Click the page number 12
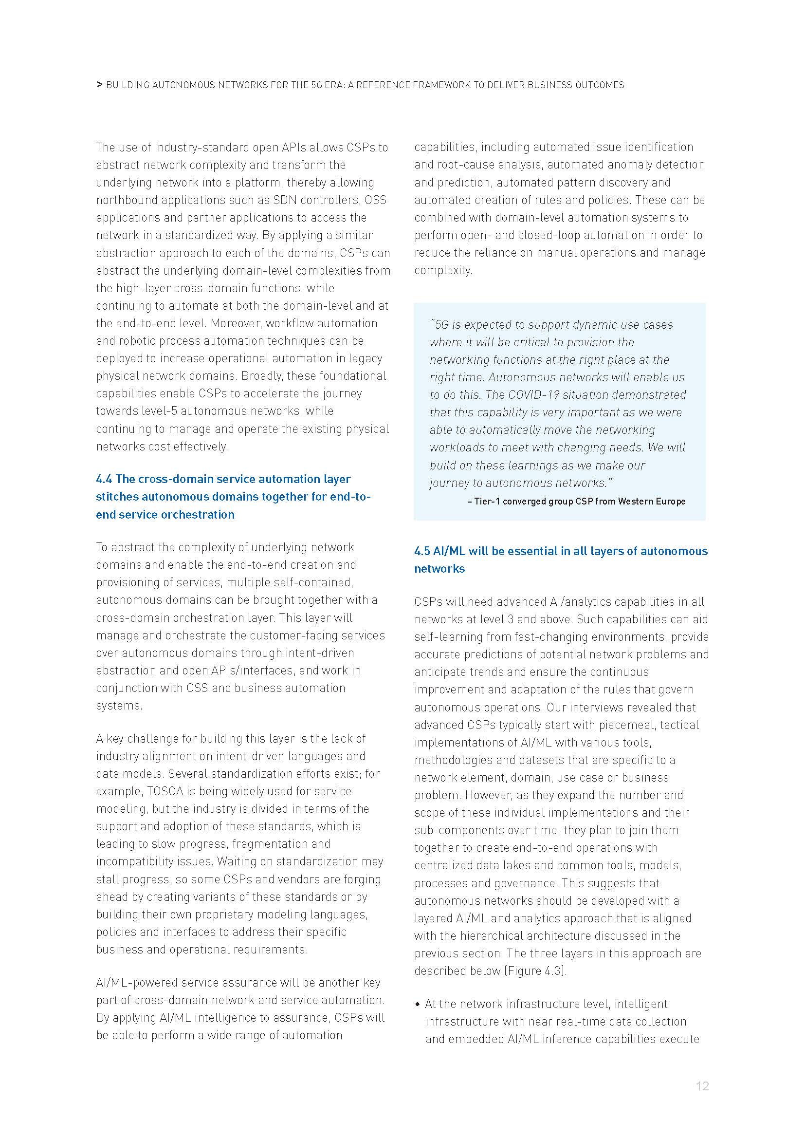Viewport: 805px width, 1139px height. [702, 1086]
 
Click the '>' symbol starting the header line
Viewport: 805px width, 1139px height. [99, 85]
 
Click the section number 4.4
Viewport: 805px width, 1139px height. [104, 479]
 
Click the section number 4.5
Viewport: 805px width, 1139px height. [422, 551]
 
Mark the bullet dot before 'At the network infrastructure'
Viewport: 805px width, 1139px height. [418, 1005]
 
